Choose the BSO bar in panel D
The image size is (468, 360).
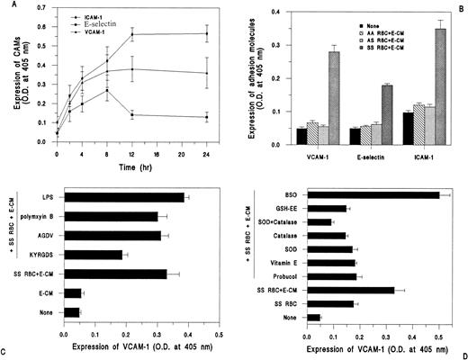click(x=373, y=193)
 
